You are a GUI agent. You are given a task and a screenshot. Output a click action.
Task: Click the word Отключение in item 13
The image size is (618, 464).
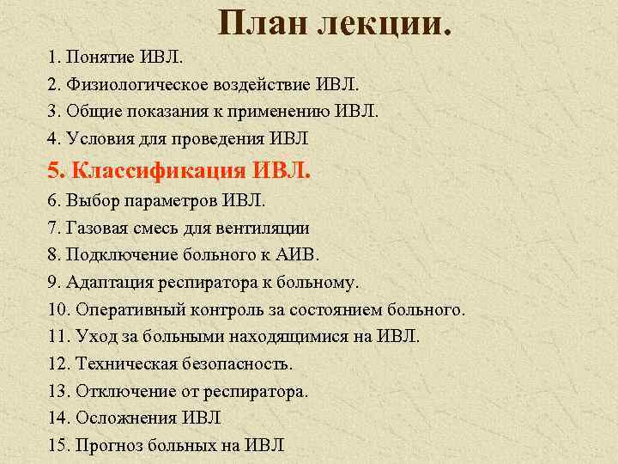click(x=118, y=392)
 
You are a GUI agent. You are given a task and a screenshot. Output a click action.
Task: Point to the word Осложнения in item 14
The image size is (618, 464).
click(x=126, y=418)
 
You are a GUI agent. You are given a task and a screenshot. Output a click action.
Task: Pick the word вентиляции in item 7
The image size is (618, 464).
click(x=267, y=229)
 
